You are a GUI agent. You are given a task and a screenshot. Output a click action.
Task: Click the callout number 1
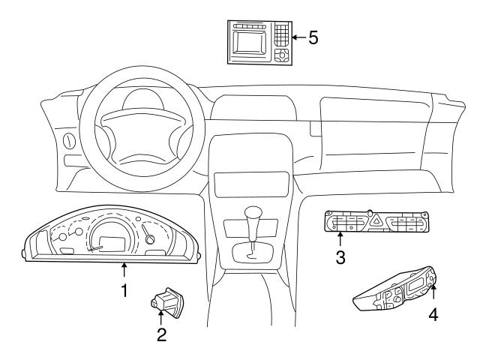click(124, 290)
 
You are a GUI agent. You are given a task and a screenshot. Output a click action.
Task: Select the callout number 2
click(162, 334)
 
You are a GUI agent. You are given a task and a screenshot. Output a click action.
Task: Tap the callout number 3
click(340, 257)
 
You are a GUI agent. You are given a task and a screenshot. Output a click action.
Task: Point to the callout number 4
click(433, 314)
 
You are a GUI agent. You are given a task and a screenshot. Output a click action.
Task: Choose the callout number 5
click(313, 37)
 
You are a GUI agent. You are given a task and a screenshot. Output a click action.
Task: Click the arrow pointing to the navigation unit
click(299, 37)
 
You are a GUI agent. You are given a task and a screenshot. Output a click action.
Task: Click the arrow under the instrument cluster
click(124, 270)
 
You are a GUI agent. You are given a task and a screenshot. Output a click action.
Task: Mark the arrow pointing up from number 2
click(161, 317)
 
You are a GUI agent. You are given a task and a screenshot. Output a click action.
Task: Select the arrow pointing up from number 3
click(340, 239)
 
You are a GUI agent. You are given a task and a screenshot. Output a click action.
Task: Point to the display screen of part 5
click(249, 43)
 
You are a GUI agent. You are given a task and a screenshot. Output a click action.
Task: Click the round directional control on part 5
click(282, 55)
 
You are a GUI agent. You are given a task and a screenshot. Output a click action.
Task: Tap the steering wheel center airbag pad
click(143, 136)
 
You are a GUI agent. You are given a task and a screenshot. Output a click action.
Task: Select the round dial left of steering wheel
click(69, 141)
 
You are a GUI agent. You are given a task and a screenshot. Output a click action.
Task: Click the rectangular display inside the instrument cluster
click(112, 244)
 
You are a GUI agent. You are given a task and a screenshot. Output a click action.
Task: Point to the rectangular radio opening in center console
click(251, 184)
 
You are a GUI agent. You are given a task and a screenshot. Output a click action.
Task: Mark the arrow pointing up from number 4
click(433, 292)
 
